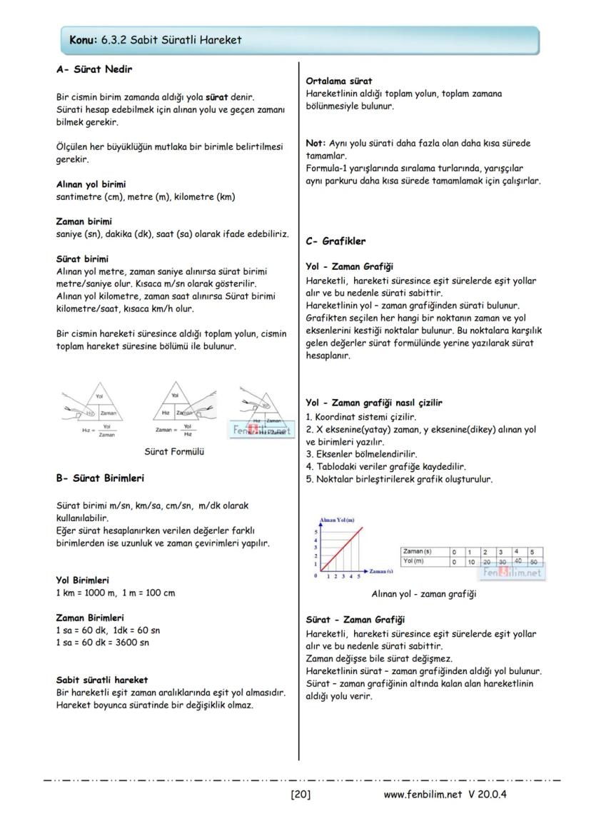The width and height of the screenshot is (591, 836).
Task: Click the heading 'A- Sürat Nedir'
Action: tap(94, 70)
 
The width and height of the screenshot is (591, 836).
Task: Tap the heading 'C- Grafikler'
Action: tap(335, 241)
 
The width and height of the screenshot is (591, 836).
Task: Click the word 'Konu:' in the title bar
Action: tap(84, 40)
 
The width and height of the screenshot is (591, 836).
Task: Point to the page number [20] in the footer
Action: tap(300, 794)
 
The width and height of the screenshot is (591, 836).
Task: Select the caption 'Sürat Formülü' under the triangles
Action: tap(174, 452)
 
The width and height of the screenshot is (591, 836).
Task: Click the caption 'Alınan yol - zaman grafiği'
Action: tap(424, 593)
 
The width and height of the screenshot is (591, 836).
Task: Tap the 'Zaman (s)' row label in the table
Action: tap(417, 552)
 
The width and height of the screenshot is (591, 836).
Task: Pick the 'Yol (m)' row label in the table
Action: tap(414, 561)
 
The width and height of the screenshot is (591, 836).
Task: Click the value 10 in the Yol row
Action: tap(470, 562)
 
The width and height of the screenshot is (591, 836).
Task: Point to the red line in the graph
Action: tap(343, 548)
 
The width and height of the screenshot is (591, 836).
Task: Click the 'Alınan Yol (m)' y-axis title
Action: tap(337, 520)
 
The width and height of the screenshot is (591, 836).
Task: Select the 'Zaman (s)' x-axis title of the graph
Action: tap(382, 572)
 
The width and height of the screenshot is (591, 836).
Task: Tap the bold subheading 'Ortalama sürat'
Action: tap(339, 81)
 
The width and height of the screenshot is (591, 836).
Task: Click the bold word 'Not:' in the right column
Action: tap(315, 143)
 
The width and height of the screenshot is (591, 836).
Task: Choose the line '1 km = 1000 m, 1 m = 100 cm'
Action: tap(115, 593)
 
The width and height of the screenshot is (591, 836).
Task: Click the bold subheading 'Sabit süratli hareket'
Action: tap(102, 680)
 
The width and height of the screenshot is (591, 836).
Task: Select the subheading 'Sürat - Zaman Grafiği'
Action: tap(355, 620)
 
